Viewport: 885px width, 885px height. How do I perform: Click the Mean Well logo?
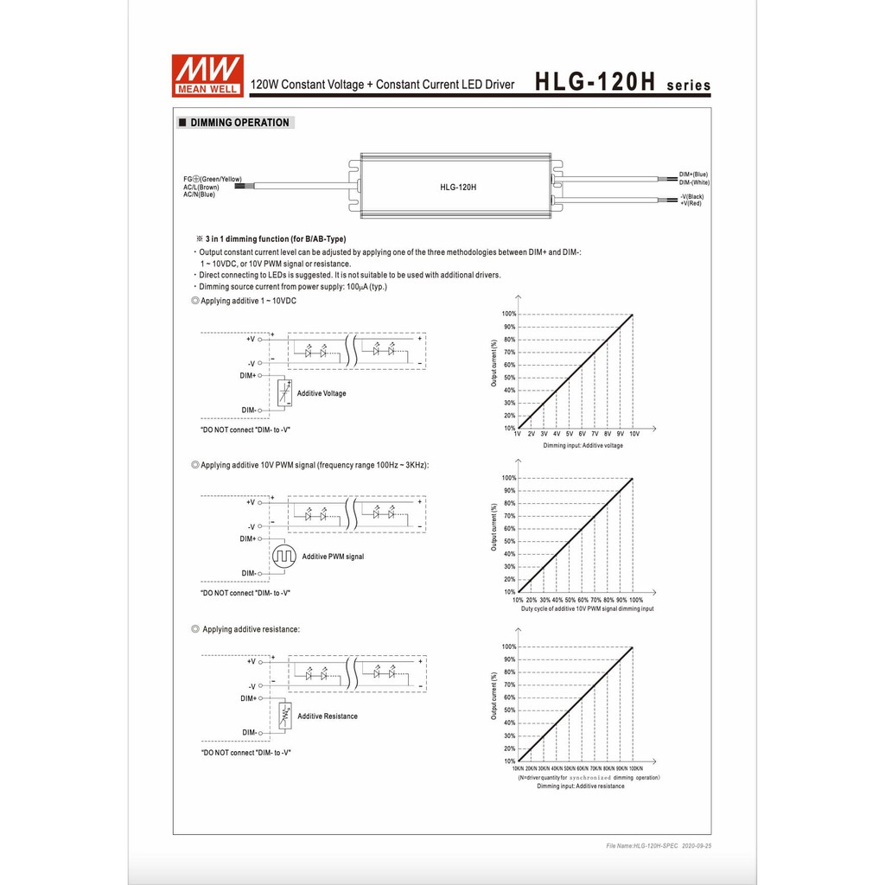[208, 75]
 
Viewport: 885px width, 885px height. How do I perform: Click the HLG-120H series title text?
[622, 83]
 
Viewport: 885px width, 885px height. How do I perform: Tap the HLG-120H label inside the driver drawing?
[458, 187]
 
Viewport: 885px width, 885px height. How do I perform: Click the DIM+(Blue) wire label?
[693, 175]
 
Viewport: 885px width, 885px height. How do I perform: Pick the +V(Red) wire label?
[691, 203]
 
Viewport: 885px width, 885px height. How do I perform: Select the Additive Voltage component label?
[322, 393]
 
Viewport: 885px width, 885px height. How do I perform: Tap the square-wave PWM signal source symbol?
[284, 557]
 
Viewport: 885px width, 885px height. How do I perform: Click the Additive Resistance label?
[328, 716]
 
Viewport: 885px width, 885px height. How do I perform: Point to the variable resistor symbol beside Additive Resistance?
[284, 716]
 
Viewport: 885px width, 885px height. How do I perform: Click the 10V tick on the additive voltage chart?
[634, 434]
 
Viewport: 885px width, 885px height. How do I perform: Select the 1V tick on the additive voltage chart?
[519, 434]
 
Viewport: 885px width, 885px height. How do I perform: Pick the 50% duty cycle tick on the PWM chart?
[570, 600]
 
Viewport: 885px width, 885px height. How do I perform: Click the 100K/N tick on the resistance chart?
[634, 768]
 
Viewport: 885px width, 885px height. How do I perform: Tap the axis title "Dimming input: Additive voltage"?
[583, 446]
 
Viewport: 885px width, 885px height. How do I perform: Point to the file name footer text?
[659, 846]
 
